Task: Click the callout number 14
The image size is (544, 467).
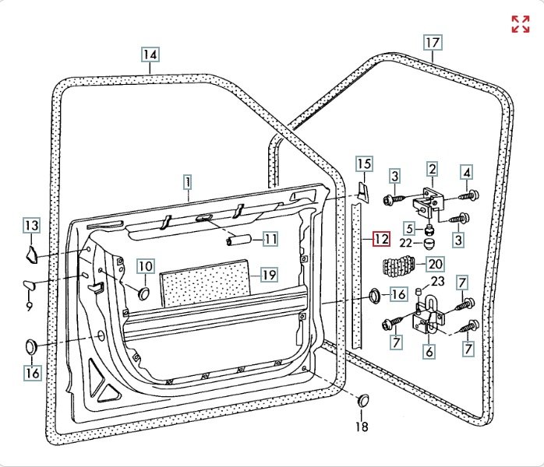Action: click(x=150, y=55)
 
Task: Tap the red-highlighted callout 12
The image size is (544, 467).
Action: click(x=380, y=239)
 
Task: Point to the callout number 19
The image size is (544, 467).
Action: click(x=269, y=275)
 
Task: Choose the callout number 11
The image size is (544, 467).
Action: click(x=270, y=239)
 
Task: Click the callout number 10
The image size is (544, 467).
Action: click(x=145, y=266)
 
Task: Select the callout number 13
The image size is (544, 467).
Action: click(x=30, y=226)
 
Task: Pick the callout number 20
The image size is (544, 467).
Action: click(x=434, y=265)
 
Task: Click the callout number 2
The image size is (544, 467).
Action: click(x=432, y=168)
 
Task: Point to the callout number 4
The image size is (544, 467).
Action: click(x=467, y=172)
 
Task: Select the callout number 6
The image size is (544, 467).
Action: click(x=429, y=351)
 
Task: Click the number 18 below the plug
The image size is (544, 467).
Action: click(x=362, y=427)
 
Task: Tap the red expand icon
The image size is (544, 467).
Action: click(x=520, y=24)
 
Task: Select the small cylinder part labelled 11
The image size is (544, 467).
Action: click(x=237, y=241)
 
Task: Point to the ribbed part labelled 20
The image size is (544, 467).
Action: click(x=401, y=267)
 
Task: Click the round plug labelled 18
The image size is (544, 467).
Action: click(x=362, y=400)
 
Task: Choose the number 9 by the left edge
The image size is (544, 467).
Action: click(x=29, y=307)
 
